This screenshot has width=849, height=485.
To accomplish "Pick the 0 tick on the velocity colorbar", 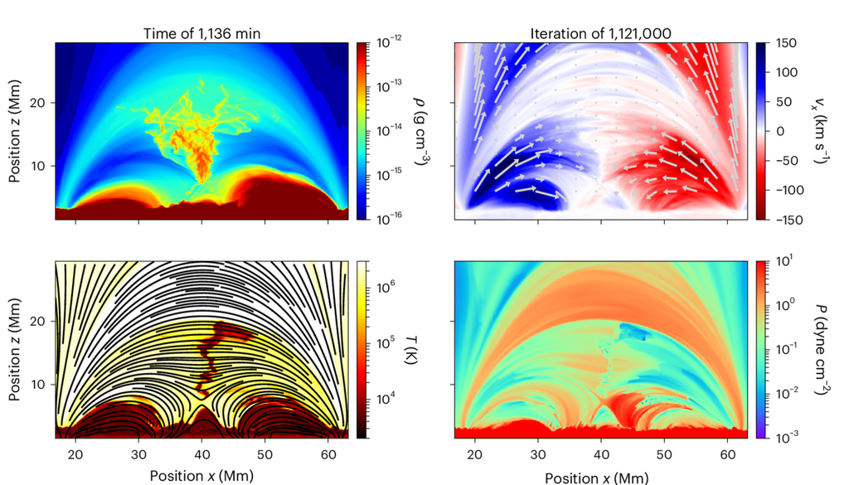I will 788,131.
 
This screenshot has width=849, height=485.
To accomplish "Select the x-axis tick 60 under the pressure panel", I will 726,455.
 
